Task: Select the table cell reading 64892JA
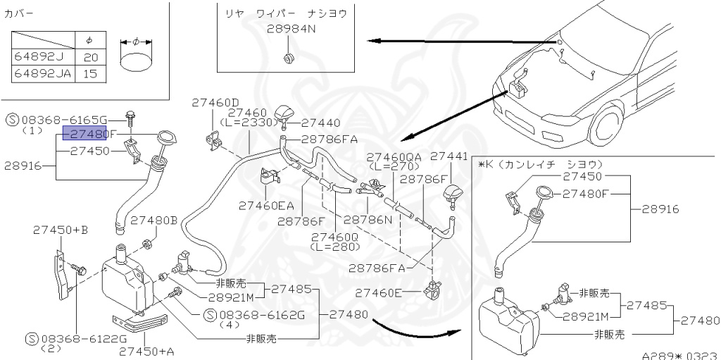42,73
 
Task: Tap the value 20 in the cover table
90,57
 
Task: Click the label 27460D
215,102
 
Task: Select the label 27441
449,156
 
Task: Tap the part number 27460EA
266,205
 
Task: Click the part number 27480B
153,220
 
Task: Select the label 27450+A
146,351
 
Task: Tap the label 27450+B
61,230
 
